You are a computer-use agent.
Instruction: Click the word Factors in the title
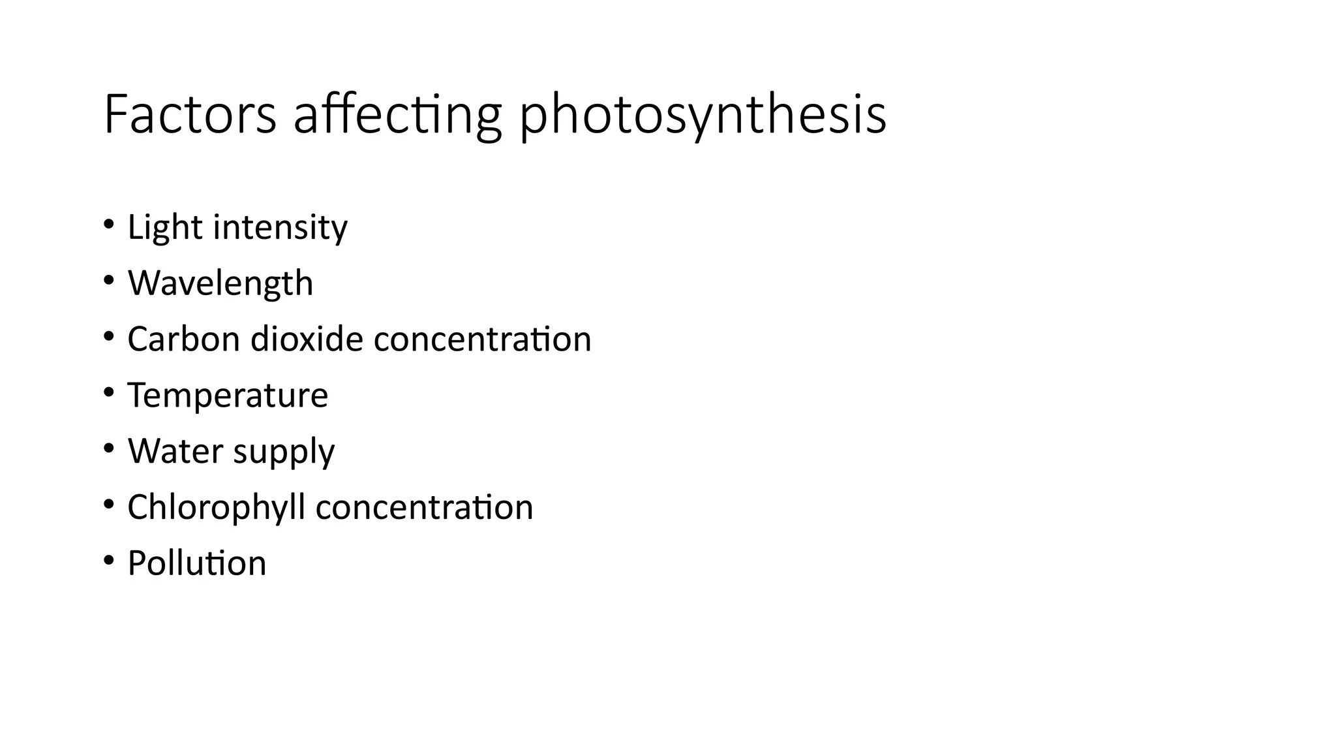click(190, 115)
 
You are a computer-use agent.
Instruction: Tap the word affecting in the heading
click(397, 116)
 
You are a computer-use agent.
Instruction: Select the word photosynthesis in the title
click(703, 116)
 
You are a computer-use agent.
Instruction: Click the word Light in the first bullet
click(164, 228)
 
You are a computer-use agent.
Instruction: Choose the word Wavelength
click(220, 284)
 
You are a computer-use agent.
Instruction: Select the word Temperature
click(228, 396)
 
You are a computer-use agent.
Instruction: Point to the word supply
click(283, 452)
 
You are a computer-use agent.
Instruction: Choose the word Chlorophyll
click(216, 508)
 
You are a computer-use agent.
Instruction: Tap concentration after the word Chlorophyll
click(424, 508)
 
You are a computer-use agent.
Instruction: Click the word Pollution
click(197, 563)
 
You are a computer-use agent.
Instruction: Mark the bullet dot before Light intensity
click(108, 225)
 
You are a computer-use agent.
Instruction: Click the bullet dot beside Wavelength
click(108, 281)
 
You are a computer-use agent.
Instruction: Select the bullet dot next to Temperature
click(108, 393)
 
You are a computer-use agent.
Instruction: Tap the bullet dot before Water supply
click(108, 449)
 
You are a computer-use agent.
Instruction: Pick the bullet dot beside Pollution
click(108, 561)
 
